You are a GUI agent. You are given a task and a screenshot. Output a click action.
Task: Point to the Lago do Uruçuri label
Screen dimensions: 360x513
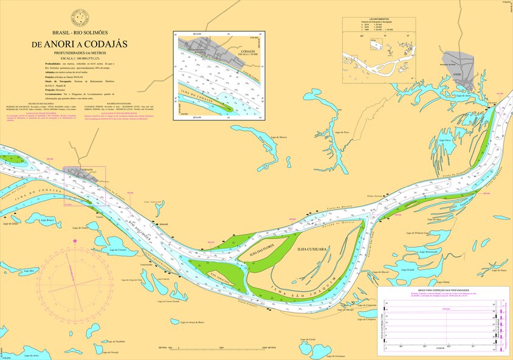(x=118, y=249)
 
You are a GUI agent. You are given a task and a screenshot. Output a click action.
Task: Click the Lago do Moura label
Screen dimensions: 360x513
(x=279, y=137)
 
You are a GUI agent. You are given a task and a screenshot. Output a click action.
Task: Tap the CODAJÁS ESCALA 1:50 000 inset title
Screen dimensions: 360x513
(x=247, y=53)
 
